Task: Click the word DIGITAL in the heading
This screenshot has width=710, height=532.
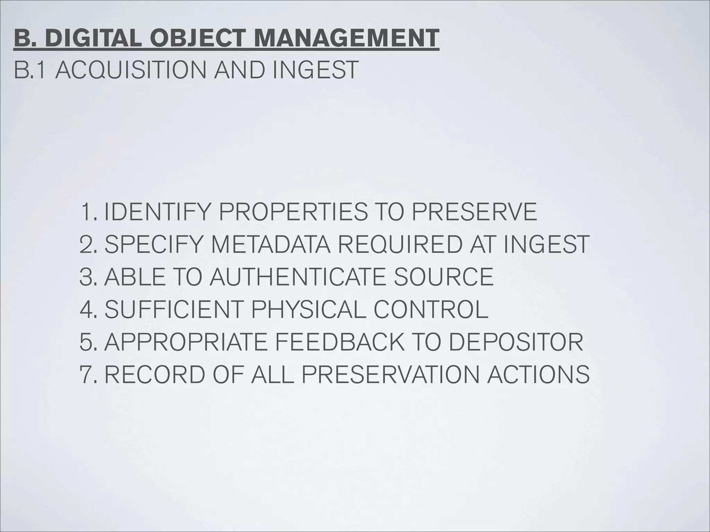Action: pos(93,38)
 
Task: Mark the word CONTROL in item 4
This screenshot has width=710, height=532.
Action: pos(431,309)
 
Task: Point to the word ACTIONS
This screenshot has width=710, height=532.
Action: pos(538,374)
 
